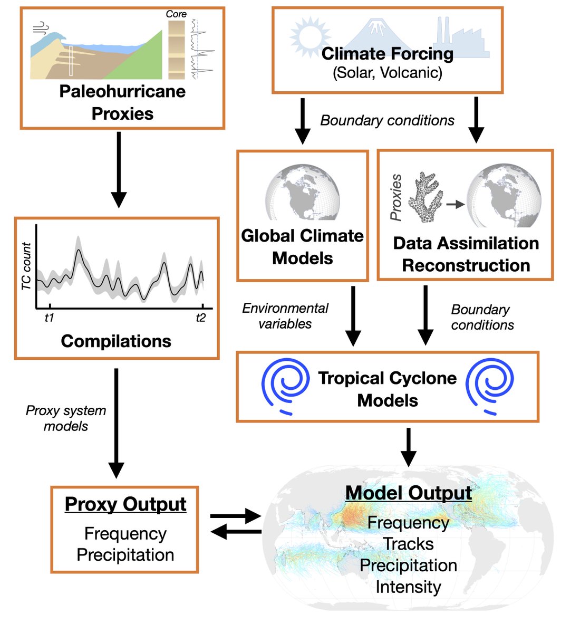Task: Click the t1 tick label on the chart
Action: (49, 318)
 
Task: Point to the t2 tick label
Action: (200, 318)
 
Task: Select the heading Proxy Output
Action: (125, 504)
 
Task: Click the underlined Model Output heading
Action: (408, 493)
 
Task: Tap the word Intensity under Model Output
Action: (408, 587)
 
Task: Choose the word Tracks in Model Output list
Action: (408, 544)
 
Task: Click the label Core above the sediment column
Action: (176, 14)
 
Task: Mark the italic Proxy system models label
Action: (66, 418)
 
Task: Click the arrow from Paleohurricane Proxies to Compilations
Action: (119, 169)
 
